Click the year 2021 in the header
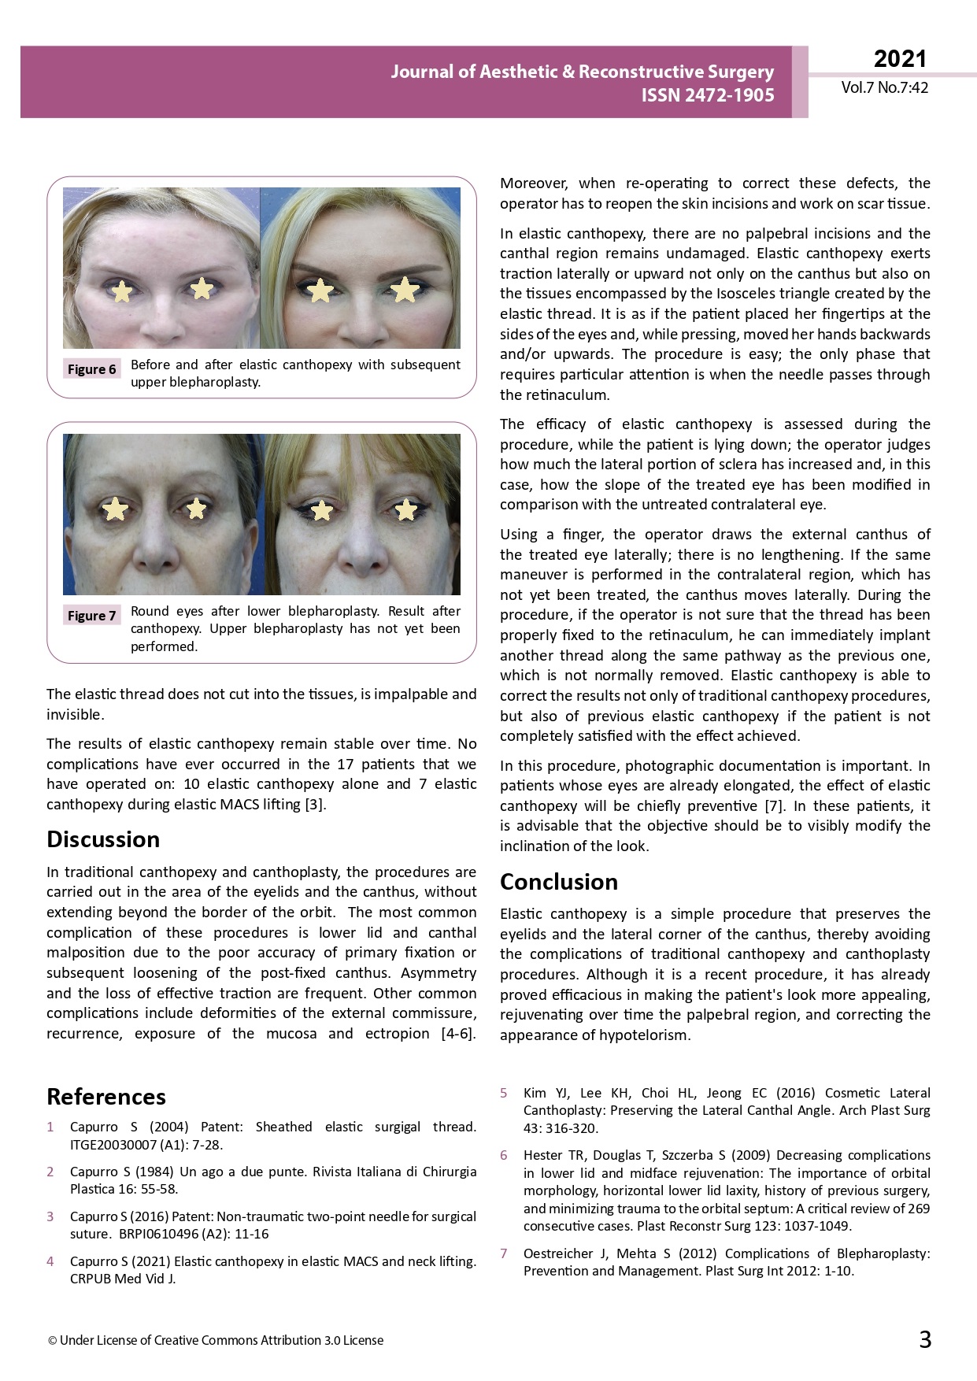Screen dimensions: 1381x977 [900, 59]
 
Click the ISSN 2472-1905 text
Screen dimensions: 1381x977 [707, 95]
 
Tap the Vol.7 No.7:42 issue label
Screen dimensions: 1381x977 [884, 88]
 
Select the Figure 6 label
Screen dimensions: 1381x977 [91, 369]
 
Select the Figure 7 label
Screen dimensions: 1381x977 [91, 616]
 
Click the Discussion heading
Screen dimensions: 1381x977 [103, 839]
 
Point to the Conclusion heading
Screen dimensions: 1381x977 [559, 882]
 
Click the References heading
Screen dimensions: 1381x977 [106, 1097]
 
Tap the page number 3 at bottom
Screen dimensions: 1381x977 [925, 1339]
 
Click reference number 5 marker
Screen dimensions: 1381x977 [504, 1093]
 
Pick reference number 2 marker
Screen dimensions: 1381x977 [50, 1172]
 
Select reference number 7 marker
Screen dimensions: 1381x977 [504, 1253]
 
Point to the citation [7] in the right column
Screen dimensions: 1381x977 [773, 806]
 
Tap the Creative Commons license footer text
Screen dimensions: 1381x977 [216, 1340]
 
